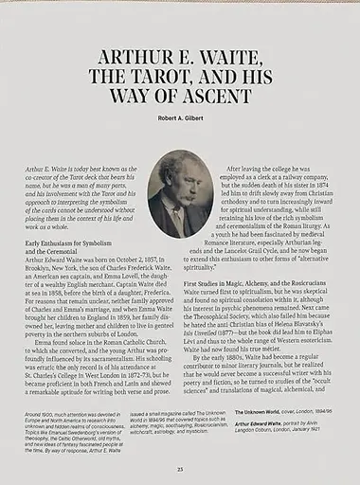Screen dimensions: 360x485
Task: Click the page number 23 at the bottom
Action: pyautogui.click(x=180, y=468)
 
